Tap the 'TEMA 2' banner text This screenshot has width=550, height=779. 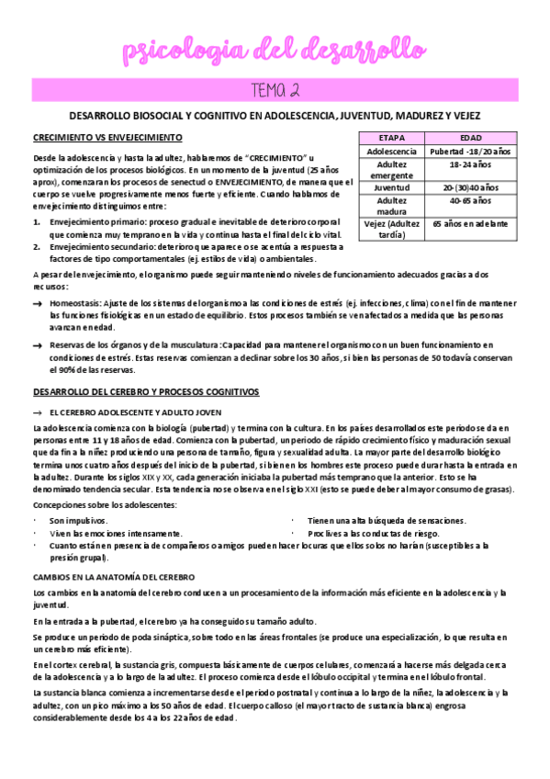275,89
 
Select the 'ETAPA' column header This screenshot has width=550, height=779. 392,137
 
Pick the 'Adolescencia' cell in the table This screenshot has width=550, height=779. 392,150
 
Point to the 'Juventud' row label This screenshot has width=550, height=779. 392,186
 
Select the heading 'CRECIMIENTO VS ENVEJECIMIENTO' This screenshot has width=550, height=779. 107,137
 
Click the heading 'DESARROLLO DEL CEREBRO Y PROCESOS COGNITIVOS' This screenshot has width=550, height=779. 146,392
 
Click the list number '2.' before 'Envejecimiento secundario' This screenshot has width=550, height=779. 36,247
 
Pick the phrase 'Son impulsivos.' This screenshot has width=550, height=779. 77,520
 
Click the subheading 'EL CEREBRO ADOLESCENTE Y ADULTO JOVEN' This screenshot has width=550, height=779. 135,412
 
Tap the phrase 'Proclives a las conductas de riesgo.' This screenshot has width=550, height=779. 374,533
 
